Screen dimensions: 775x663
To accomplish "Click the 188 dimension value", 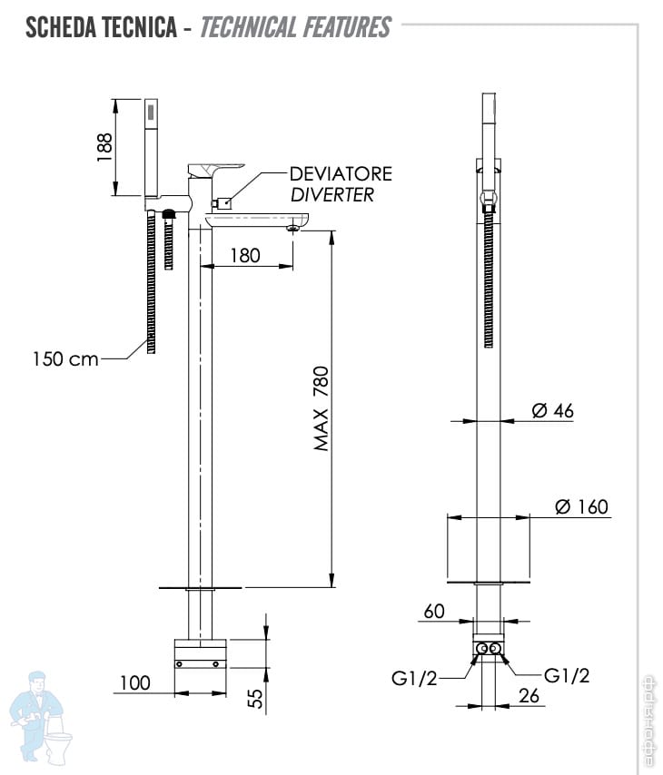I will [106, 146].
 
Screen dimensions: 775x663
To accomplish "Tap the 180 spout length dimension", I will [244, 255].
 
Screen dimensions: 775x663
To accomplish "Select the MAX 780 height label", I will [322, 408].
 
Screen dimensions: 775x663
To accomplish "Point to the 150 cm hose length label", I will [65, 358].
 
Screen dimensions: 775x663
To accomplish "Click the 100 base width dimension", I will [134, 682].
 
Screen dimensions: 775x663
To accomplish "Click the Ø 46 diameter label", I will [552, 411].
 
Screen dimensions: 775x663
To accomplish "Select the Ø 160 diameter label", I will [581, 506].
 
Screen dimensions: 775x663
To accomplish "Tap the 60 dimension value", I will [434, 611].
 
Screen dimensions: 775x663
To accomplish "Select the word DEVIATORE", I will [341, 173].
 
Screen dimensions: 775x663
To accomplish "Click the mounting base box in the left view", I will [200, 653].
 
